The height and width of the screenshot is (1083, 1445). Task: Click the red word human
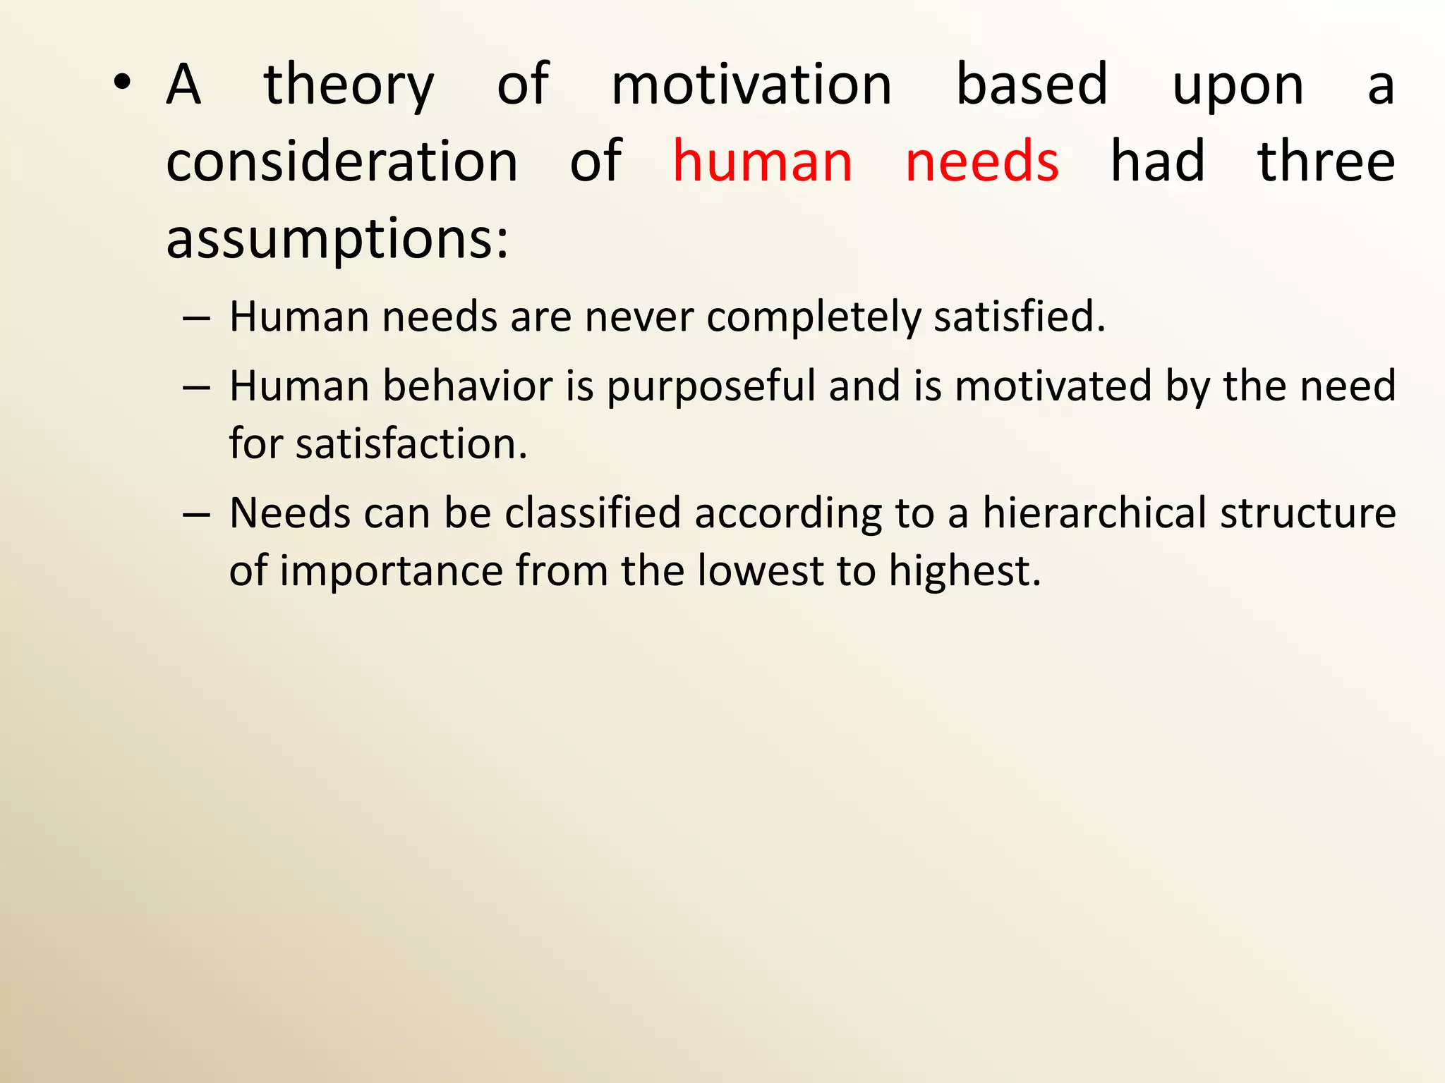coord(762,162)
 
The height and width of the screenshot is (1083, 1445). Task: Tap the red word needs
coord(981,162)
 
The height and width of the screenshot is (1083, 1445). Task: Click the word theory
coord(349,86)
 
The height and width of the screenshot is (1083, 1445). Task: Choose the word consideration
coord(342,162)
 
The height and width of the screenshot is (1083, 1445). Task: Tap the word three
coord(1326,162)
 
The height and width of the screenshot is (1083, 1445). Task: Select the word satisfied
coord(1019,317)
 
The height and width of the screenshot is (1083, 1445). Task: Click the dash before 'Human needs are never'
coord(196,318)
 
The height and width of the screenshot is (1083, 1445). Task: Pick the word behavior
coord(468,386)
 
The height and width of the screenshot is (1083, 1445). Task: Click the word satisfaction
coord(411,444)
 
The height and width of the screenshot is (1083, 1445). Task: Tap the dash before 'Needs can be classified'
coord(196,514)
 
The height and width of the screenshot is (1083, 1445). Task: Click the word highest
coord(964,571)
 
